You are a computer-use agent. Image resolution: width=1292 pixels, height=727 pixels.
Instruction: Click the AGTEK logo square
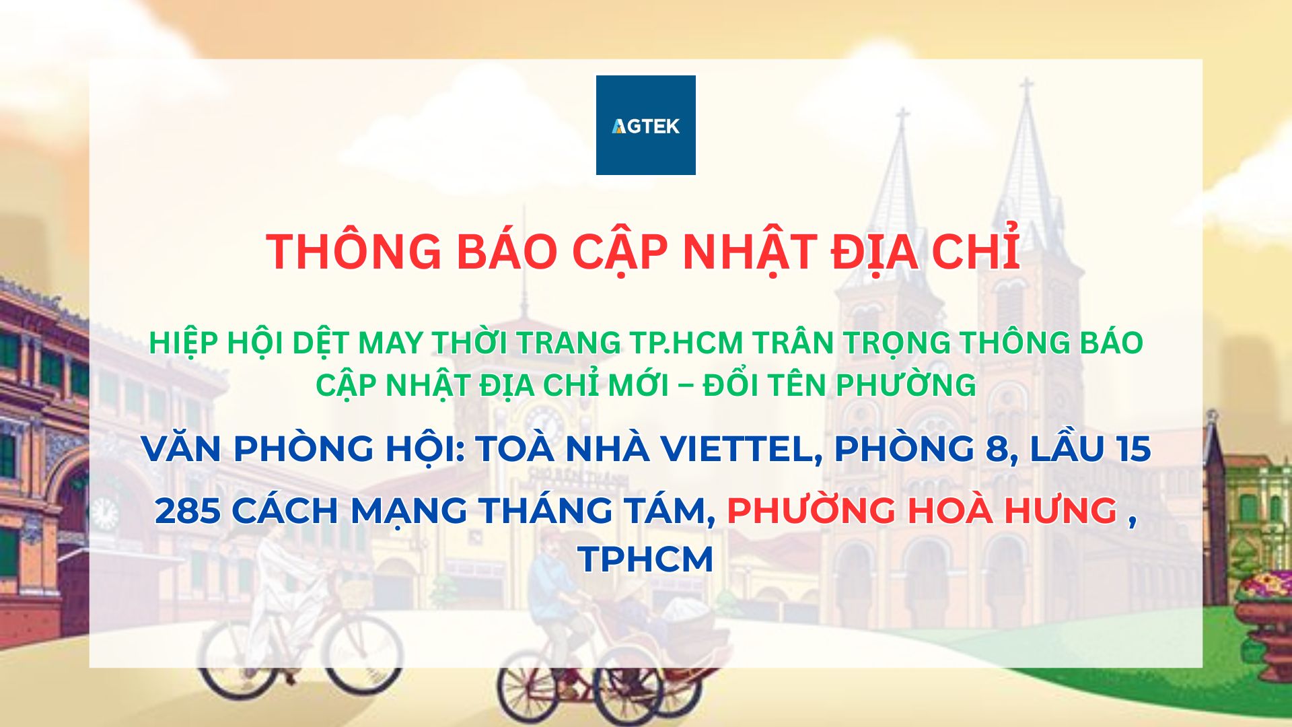point(646,125)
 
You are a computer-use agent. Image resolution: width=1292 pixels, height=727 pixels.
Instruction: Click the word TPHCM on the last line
point(645,559)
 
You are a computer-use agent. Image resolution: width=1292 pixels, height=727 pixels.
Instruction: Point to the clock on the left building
point(104,514)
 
